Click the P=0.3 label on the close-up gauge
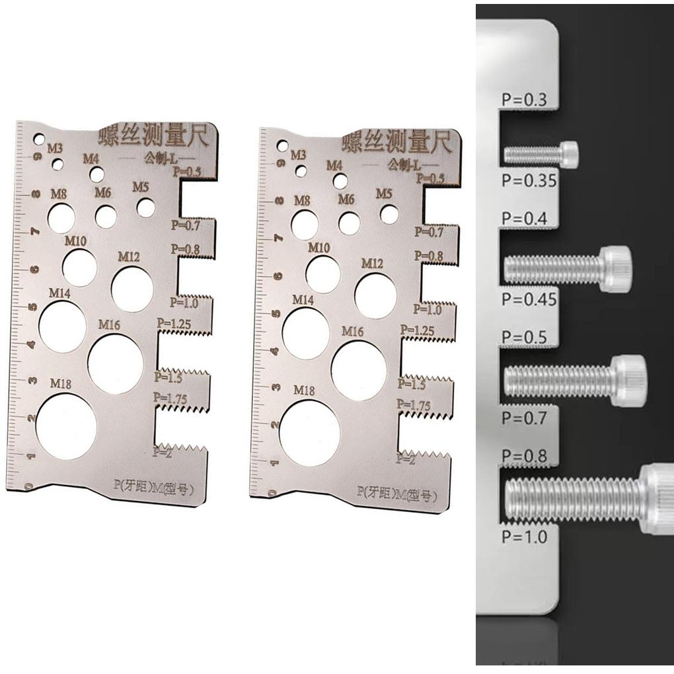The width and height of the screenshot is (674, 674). coord(524,101)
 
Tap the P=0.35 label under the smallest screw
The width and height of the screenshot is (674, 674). coord(529,180)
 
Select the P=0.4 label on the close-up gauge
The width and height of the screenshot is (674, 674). coord(524,219)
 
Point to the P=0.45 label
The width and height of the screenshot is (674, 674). coord(529,299)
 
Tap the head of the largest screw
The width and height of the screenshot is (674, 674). coord(657,498)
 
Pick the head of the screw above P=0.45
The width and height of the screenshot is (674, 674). coord(615,269)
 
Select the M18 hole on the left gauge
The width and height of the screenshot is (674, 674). coord(66,426)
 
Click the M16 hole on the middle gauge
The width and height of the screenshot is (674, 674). coord(359,370)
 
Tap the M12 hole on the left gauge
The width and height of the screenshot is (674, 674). coord(132,289)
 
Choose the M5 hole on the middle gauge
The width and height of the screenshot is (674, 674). coord(389,214)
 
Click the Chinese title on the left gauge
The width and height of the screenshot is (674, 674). coord(153,136)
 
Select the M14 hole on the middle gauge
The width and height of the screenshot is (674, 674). coord(305,334)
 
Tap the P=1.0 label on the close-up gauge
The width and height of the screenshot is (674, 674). coord(524,537)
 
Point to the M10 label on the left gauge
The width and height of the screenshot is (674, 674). coord(75,241)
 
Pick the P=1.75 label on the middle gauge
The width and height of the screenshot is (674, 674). coord(413,405)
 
